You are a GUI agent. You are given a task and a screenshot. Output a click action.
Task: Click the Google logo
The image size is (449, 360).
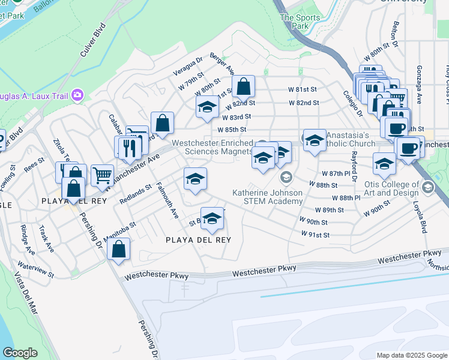tap(20, 353)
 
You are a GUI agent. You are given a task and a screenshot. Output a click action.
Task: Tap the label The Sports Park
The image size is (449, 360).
tap(295, 22)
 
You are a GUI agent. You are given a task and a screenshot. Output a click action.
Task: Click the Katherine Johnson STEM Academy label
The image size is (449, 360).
tap(268, 197)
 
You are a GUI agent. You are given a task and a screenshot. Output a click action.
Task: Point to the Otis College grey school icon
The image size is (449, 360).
tap(427, 187)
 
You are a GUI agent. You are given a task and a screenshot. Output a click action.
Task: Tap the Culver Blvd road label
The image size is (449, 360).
tap(92, 40)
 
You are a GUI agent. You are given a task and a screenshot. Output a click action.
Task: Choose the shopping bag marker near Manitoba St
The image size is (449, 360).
tap(119, 250)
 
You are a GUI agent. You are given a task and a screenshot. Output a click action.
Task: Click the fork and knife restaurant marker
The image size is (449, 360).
tap(130, 147)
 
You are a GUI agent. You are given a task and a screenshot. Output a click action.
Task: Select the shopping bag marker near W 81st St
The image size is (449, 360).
tap(243, 87)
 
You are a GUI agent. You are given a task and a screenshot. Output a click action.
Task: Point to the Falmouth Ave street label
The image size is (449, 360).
tap(167, 200)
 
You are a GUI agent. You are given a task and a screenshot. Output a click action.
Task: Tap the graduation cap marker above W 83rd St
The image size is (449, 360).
tap(207, 108)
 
